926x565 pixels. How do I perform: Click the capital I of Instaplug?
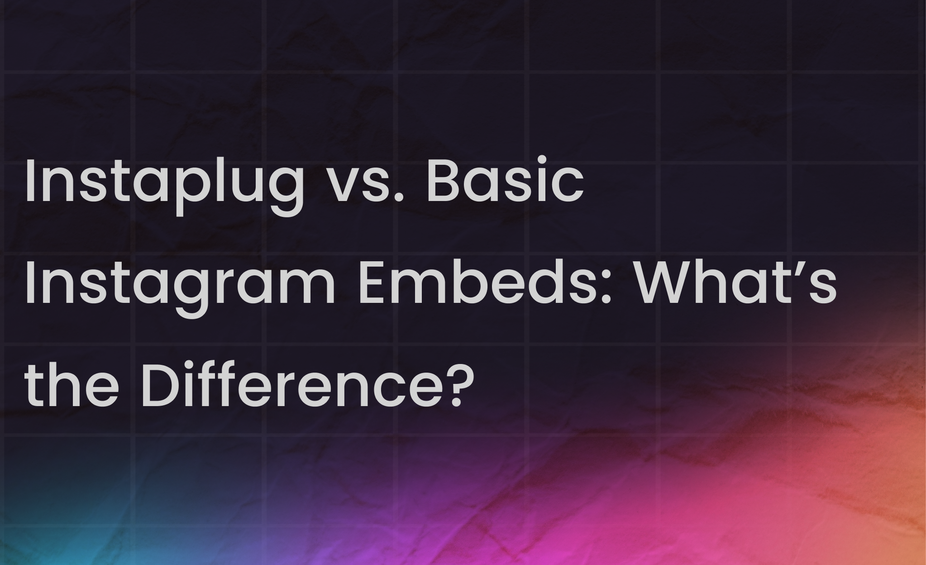pyautogui.click(x=30, y=180)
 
